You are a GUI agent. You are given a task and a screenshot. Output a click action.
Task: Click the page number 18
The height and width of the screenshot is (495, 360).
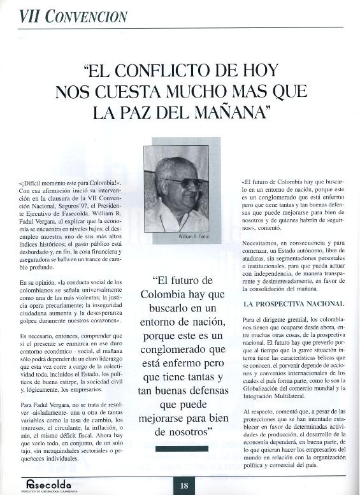coord(184,485)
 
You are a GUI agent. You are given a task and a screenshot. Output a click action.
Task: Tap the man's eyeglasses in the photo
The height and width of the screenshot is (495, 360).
coord(185,183)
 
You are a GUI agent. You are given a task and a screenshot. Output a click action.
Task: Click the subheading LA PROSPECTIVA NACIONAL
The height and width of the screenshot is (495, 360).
coord(294,303)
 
